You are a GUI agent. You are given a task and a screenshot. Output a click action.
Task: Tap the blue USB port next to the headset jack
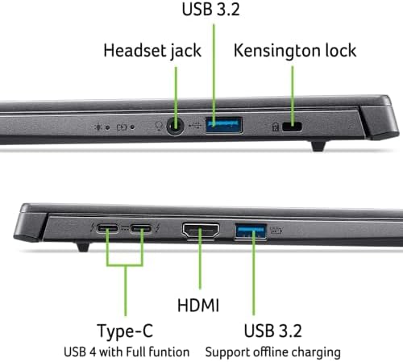click(224, 126)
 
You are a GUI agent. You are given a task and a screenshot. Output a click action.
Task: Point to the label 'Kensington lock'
click(294, 50)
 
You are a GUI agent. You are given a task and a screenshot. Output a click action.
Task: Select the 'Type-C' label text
click(125, 331)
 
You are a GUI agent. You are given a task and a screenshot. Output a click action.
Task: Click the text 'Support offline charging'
click(272, 352)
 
